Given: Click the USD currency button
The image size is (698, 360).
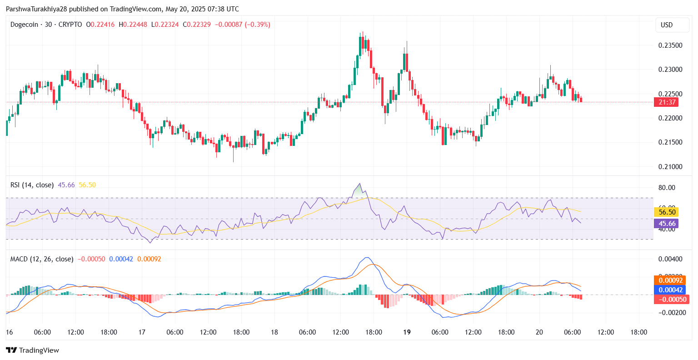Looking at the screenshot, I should click(667, 25).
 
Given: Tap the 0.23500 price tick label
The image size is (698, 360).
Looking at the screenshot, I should click(670, 45).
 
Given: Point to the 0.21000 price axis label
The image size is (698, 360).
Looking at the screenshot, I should click(670, 167).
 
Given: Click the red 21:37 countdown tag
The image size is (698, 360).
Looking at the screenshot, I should click(667, 102).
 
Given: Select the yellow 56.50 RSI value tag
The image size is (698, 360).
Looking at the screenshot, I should click(667, 212).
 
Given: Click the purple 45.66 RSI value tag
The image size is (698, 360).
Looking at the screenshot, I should click(667, 224).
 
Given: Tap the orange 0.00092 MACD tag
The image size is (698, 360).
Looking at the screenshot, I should click(670, 280).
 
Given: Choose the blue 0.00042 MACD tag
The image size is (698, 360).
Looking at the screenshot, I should click(670, 290).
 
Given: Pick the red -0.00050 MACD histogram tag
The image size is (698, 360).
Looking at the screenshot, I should click(670, 299).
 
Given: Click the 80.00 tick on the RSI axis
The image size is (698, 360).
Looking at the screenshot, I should click(667, 188).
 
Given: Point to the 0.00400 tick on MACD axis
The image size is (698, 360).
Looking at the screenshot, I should click(670, 259).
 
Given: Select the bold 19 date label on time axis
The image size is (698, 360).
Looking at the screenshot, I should click(407, 332).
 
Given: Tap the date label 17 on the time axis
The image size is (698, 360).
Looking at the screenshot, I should click(142, 332).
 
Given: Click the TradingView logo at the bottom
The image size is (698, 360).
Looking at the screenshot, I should click(33, 350).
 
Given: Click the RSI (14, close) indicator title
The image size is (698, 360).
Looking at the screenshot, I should click(32, 185).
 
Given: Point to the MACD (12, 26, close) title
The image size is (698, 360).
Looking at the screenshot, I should click(42, 259).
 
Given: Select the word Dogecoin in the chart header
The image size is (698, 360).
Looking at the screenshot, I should click(25, 25).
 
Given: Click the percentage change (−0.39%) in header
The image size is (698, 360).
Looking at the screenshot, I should click(257, 25).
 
